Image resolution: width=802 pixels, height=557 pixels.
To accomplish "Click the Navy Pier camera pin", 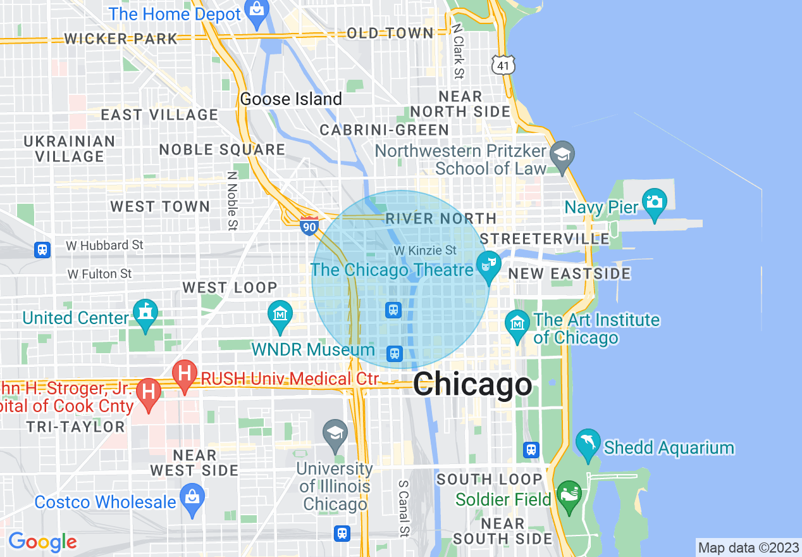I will click(x=654, y=202).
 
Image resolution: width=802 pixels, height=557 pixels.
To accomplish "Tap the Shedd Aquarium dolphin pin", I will click(x=588, y=444).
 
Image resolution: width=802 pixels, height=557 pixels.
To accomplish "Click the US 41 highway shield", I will click(x=503, y=65).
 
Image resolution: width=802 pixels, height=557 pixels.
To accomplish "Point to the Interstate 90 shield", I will click(x=309, y=225).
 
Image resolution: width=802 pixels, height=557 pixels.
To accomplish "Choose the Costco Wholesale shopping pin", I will click(x=192, y=497).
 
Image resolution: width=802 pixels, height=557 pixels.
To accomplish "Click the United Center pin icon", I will click(x=145, y=313).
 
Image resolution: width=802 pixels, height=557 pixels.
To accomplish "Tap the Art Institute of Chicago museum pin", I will click(x=517, y=324).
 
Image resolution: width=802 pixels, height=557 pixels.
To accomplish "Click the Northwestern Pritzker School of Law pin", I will click(x=561, y=155).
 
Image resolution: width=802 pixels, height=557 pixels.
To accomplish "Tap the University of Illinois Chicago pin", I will click(x=335, y=434).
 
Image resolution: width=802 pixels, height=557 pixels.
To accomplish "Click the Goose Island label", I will click(x=291, y=99).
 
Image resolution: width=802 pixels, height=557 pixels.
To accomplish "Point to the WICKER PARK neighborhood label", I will click(x=121, y=39).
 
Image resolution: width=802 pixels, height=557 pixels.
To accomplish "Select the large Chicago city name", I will click(x=472, y=384).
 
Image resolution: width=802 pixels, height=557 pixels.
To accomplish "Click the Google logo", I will click(x=42, y=542).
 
